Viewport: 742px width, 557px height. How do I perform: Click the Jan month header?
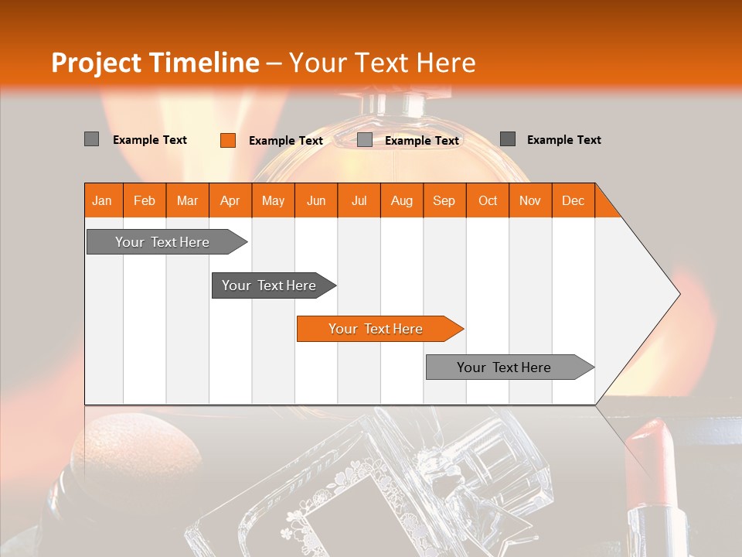pyautogui.click(x=102, y=200)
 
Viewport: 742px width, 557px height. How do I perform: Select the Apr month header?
pyautogui.click(x=230, y=200)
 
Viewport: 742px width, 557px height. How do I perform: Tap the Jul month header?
pyautogui.click(x=359, y=200)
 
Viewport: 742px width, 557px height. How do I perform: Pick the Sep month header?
pyautogui.click(x=444, y=200)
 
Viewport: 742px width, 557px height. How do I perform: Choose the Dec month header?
pyautogui.click(x=573, y=200)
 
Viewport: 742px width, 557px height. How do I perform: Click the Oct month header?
pyautogui.click(x=488, y=200)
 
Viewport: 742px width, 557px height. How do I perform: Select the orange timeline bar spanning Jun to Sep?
pyautogui.click(x=376, y=329)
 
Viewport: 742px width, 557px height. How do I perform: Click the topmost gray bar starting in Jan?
pyautogui.click(x=162, y=242)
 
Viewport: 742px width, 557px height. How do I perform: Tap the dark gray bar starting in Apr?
pyautogui.click(x=269, y=285)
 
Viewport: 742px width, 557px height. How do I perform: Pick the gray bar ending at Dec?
pyautogui.click(x=504, y=367)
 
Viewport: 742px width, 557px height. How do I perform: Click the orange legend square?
pyautogui.click(x=227, y=140)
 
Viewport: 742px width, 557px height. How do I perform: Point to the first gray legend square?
pyautogui.click(x=91, y=139)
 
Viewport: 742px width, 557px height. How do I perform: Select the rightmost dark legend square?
pyautogui.click(x=507, y=139)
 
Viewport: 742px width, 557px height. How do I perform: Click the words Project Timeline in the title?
pyautogui.click(x=155, y=63)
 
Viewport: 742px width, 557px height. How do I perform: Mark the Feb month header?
pyautogui.click(x=145, y=200)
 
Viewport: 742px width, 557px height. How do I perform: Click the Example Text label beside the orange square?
pyautogui.click(x=286, y=141)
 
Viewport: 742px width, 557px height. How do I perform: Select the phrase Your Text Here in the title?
pyautogui.click(x=383, y=63)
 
